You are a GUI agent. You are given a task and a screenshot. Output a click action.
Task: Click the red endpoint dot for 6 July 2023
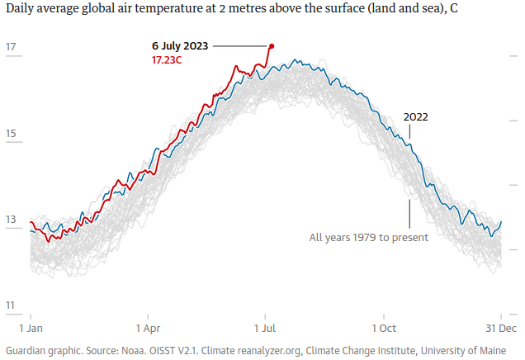(272, 46)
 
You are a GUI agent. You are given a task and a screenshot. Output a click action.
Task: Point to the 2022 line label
(415, 116)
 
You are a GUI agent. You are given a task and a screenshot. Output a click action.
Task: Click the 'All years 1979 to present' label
(368, 238)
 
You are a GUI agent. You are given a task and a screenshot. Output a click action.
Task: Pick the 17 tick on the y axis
(12, 47)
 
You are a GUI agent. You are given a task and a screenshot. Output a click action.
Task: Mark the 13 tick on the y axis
(12, 220)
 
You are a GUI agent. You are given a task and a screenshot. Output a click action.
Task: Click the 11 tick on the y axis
(11, 306)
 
